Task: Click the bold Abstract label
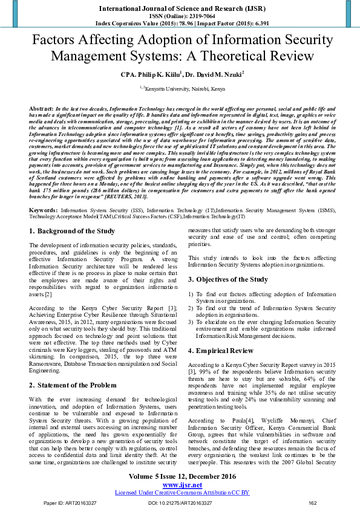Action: pos(41,107)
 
